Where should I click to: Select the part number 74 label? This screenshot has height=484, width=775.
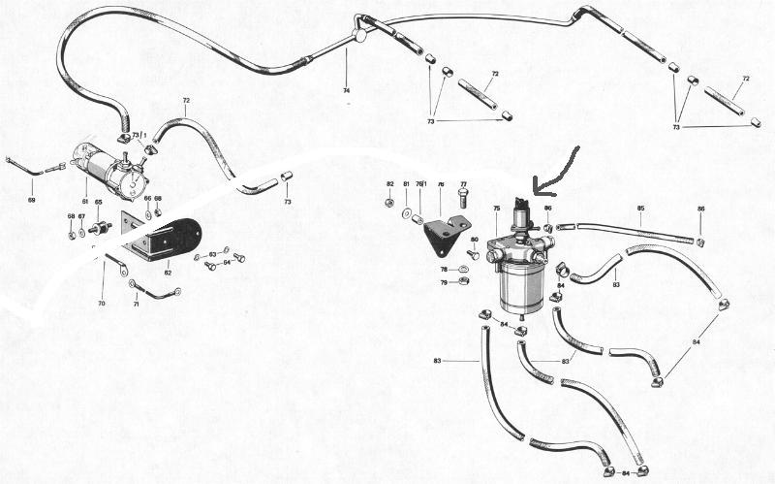346,89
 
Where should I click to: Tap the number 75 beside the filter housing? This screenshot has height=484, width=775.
496,208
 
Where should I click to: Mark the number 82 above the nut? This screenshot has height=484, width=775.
389,183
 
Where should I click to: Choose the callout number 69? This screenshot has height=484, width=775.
31,200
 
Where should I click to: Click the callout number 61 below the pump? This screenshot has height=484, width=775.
84,201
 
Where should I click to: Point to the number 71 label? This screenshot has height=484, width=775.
136,304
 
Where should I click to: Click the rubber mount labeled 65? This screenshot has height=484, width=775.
99,231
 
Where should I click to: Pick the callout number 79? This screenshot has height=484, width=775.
445,282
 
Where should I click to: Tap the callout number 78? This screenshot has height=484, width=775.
445,269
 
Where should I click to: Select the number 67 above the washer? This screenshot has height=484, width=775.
81,216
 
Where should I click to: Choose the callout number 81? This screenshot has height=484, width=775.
406,183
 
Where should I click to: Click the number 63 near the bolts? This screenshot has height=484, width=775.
213,253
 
